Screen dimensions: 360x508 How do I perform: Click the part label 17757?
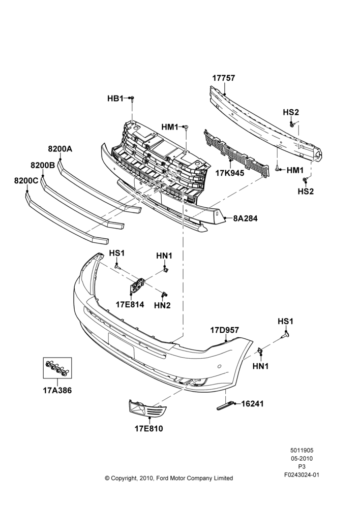(223, 78)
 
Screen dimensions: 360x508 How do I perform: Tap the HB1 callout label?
(115, 98)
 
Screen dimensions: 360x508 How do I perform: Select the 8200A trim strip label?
(60, 149)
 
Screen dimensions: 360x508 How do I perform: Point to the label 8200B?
(43, 165)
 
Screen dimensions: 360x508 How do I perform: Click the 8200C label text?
(26, 181)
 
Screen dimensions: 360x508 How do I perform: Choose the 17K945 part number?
(230, 173)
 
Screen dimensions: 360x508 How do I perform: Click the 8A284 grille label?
(245, 218)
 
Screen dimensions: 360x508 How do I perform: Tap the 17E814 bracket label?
(130, 304)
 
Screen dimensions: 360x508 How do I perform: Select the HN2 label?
(162, 305)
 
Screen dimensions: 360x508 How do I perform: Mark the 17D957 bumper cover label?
(224, 330)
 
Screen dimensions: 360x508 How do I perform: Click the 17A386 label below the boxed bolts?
(57, 390)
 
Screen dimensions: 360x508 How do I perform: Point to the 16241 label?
(252, 404)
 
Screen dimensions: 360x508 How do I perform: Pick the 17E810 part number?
(149, 429)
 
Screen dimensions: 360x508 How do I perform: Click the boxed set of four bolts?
(57, 368)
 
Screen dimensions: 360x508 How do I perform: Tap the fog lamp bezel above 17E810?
(147, 408)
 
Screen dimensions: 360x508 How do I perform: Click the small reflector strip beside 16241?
(225, 405)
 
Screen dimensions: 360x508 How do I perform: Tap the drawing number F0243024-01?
(302, 475)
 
